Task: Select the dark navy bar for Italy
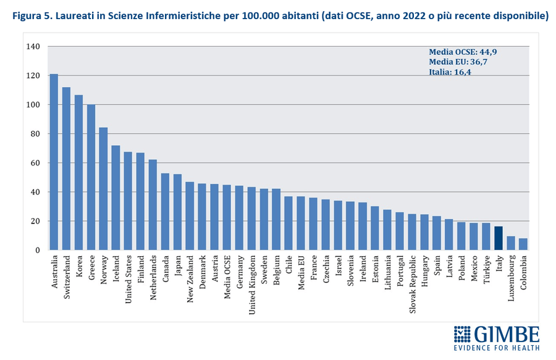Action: pos(499,238)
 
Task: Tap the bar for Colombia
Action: pos(523,244)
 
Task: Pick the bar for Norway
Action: pos(103,188)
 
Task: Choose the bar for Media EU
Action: pos(301,223)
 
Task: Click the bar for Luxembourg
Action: pos(511,243)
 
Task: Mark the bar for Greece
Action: pos(91,177)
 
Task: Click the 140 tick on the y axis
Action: pos(33,47)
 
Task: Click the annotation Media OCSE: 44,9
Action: pos(463,52)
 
